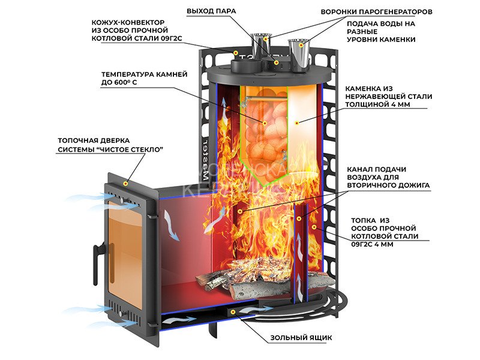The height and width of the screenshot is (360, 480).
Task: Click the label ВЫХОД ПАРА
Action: tap(212, 11)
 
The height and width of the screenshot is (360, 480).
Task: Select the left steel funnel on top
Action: tap(260, 46)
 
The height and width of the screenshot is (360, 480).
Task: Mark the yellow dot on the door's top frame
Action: tap(125, 182)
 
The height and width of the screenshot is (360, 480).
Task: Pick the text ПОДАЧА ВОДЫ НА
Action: tap(377, 23)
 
